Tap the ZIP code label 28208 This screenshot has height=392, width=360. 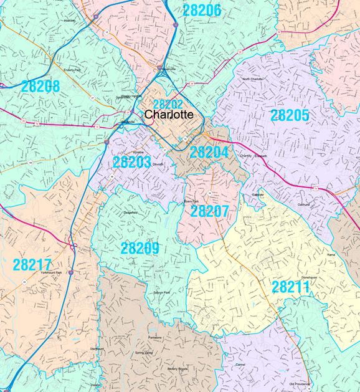pos(39,86)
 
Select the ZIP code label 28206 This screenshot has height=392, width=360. pos(201,9)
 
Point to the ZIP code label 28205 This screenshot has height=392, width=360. pos(290,115)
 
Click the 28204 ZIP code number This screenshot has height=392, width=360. pos(209,152)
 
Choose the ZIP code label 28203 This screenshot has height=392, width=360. pos(132,163)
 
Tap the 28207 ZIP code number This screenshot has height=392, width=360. pos(210,211)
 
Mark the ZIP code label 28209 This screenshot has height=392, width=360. pos(140,248)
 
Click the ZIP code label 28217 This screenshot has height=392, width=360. pos(32,264)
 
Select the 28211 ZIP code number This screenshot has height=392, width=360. pos(291,287)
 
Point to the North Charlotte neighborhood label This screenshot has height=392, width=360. pos(255,80)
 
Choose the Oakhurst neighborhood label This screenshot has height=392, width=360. pos(303,204)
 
